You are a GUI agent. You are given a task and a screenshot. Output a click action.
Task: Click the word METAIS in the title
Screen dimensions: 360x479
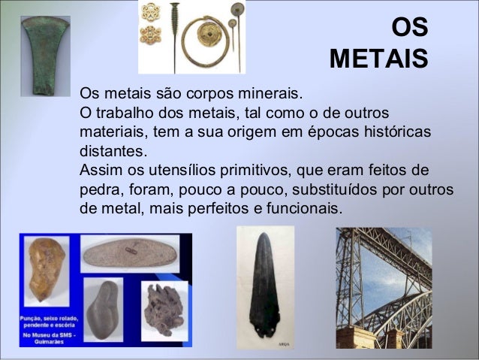tap(378, 58)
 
